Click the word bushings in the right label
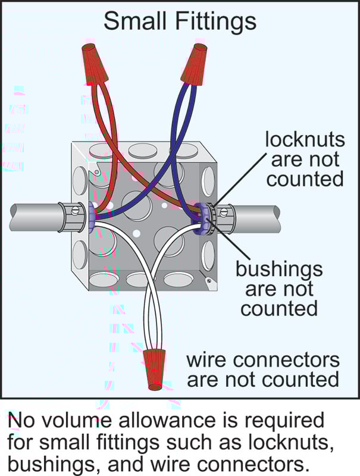279,269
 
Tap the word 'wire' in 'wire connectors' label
207,360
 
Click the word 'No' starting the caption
20,421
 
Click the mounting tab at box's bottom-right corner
208,279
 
